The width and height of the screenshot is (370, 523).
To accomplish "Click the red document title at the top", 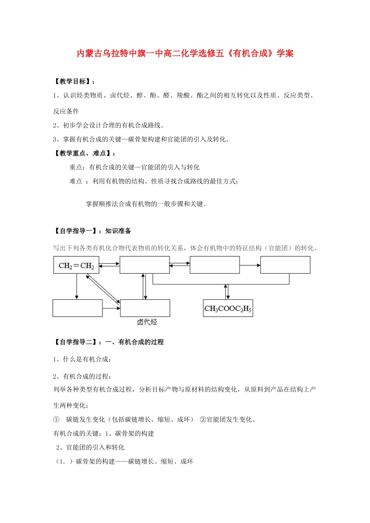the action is click(x=185, y=53).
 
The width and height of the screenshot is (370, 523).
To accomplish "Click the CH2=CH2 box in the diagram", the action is click(x=76, y=265).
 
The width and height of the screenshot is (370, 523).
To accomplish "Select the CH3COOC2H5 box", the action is click(x=228, y=308).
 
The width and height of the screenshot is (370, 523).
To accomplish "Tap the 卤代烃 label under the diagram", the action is click(x=147, y=322).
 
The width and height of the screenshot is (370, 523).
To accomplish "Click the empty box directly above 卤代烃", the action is click(x=145, y=308).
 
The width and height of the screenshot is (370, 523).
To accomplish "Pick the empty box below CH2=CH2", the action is click(x=78, y=308).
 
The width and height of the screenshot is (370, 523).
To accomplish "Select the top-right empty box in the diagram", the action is click(x=285, y=265).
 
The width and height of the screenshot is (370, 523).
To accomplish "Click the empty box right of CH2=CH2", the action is click(x=144, y=265).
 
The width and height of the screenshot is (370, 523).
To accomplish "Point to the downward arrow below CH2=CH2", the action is click(x=77, y=286).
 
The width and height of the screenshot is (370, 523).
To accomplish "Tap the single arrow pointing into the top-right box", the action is click(x=250, y=265).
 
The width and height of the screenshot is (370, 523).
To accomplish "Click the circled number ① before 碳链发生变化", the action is click(x=56, y=419).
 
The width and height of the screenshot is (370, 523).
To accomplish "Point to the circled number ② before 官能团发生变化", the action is click(x=203, y=419).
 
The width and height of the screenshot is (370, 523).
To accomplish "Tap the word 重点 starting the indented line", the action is click(x=76, y=167).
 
